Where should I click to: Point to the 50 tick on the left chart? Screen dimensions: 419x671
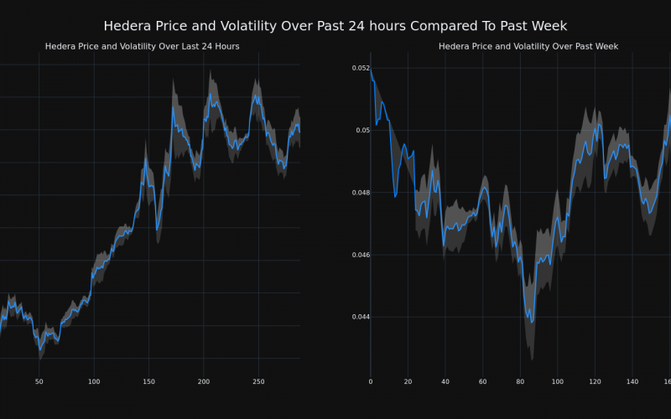pos(39,382)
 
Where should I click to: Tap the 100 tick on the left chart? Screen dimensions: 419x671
pos(94,382)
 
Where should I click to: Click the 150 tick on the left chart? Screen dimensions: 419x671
pos(148,382)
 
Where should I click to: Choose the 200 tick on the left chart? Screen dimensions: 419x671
pos(204,382)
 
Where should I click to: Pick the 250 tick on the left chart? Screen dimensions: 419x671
pos(258,382)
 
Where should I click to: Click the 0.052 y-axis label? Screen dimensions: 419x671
pos(358,68)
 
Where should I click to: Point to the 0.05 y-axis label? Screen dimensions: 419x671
pos(361,130)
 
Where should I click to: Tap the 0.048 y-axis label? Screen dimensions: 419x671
pos(358,193)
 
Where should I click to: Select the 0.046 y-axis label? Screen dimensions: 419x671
pos(358,255)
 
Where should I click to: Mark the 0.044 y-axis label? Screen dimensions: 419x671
pos(358,317)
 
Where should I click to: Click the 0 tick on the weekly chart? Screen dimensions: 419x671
pos(371,382)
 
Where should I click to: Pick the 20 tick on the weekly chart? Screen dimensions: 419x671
pos(408,382)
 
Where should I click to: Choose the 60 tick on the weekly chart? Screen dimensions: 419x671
pos(482,382)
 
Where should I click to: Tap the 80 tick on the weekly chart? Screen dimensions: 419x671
pos(520,382)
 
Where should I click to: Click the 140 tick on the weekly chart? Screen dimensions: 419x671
pos(632,382)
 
